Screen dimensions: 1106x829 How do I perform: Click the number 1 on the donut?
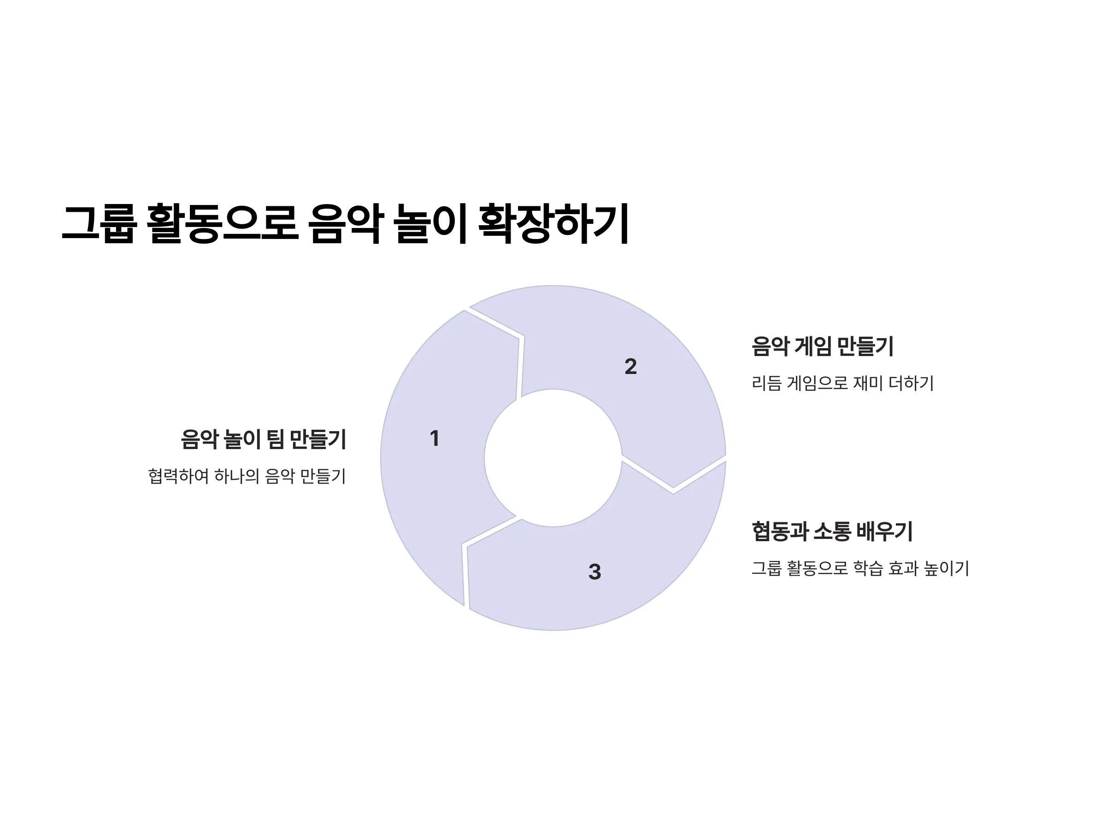(x=435, y=438)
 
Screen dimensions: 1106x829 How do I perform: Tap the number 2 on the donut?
(x=630, y=366)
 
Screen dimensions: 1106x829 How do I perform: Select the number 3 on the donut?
(x=594, y=572)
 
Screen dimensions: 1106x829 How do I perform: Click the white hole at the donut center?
(x=553, y=458)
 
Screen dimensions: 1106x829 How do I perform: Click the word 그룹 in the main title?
(x=99, y=223)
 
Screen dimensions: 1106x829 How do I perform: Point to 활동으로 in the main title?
(x=223, y=223)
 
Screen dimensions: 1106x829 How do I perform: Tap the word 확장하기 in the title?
(x=553, y=223)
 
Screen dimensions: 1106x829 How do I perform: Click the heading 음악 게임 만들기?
(x=823, y=346)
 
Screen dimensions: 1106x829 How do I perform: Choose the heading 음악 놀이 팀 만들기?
(x=264, y=439)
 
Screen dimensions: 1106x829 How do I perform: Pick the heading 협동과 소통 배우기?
(x=832, y=531)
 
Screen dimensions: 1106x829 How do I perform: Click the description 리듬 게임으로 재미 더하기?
(x=842, y=383)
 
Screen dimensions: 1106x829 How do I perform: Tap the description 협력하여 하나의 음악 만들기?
(x=247, y=476)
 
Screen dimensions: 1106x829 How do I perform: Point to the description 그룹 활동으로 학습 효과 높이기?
(x=860, y=568)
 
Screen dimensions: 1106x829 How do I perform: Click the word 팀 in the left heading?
(x=275, y=439)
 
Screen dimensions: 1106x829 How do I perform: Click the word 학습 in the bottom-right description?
(x=867, y=568)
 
